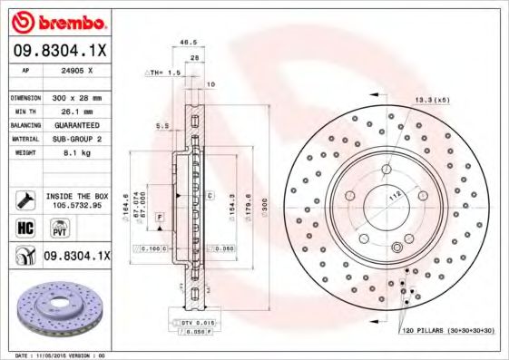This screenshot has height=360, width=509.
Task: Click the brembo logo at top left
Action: click(x=56, y=20)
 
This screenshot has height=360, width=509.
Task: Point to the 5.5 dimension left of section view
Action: click(x=161, y=126)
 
